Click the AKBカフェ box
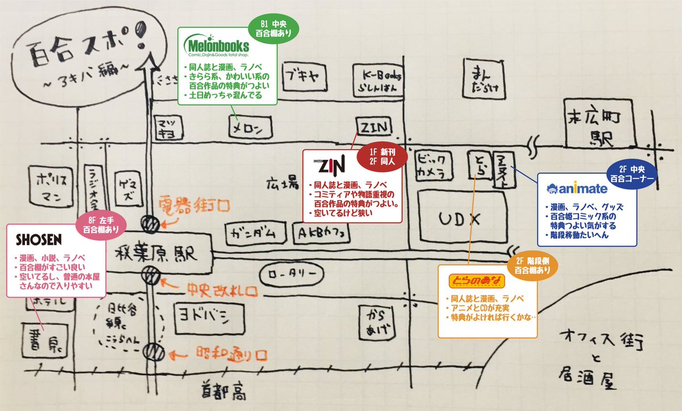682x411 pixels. click(322, 233)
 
